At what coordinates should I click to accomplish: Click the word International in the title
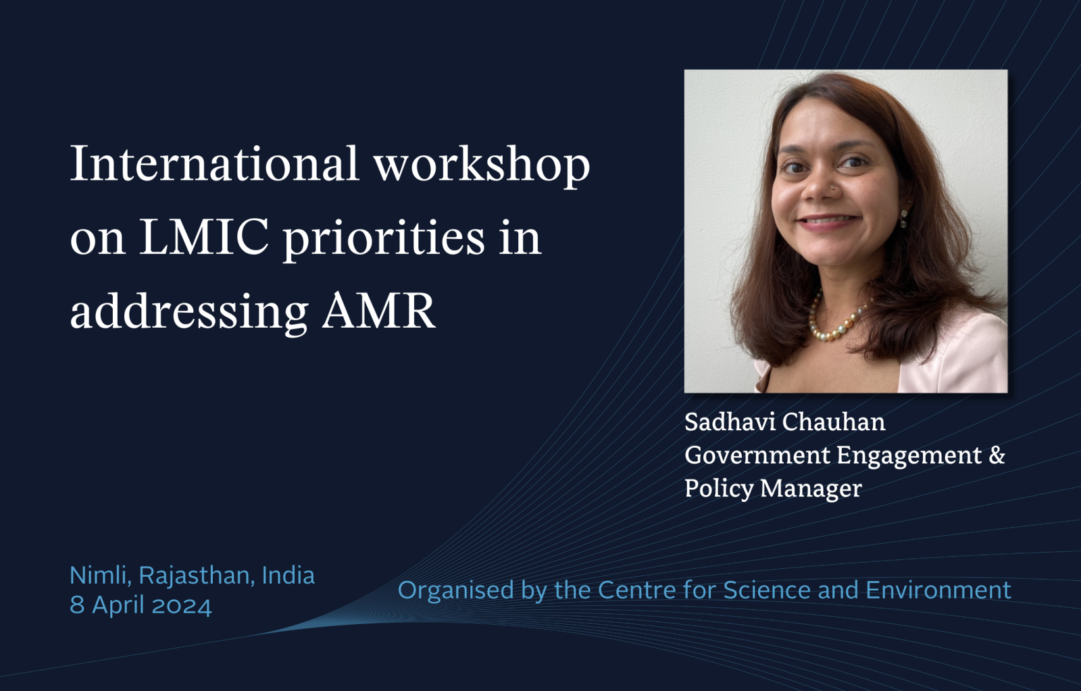coord(214,163)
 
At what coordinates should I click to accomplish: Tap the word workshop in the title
coord(482,166)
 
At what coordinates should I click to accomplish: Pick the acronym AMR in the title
coord(379,311)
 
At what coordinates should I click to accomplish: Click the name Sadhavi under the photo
coord(730,421)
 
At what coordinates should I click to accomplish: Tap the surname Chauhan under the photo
coord(834,421)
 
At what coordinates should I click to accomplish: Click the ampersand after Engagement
coord(997,455)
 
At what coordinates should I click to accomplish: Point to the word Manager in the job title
coord(811,489)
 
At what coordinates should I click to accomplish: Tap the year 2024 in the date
coord(182,605)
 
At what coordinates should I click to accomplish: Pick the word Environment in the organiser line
coord(938,590)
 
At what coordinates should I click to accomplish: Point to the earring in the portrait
coord(904,218)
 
